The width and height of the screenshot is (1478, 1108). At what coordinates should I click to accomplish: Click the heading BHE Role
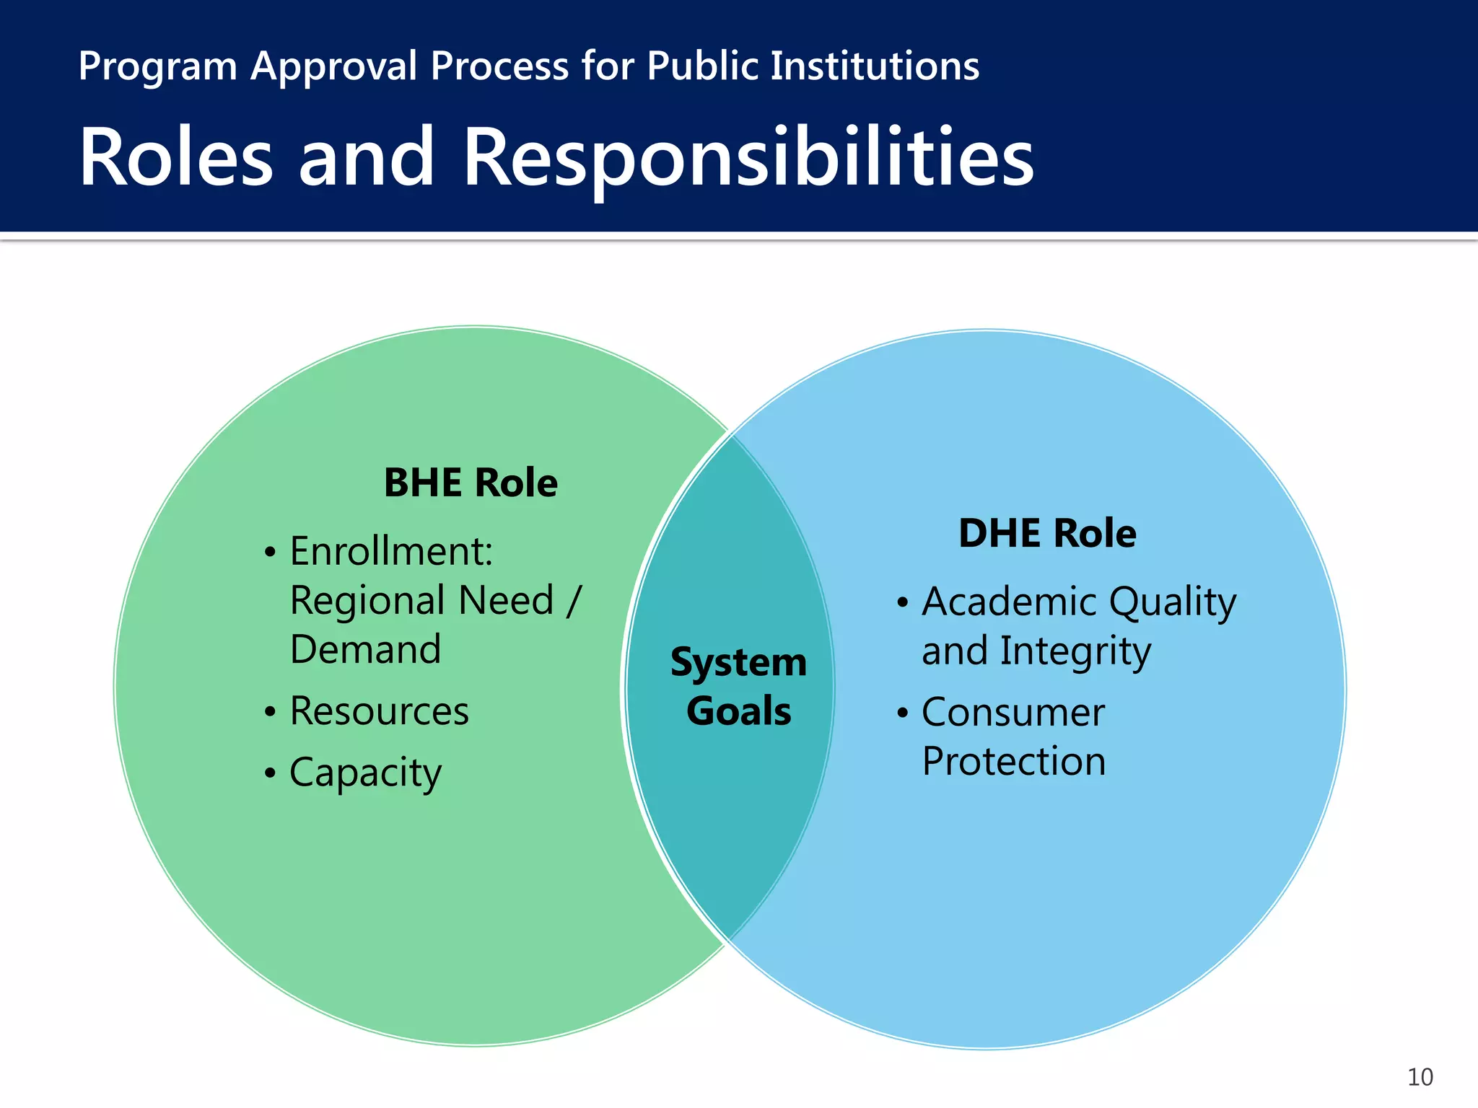click(471, 483)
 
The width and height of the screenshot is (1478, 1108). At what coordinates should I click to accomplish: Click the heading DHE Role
click(1047, 533)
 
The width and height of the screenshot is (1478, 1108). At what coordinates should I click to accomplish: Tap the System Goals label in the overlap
click(738, 686)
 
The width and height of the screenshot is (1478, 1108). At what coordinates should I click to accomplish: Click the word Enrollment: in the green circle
click(391, 551)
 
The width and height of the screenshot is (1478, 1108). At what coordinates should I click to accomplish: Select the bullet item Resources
click(379, 711)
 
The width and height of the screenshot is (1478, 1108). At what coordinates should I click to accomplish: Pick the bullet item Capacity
click(365, 773)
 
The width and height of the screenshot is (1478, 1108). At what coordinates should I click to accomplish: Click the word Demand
click(365, 649)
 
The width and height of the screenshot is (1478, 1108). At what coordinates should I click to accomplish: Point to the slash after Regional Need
click(574, 600)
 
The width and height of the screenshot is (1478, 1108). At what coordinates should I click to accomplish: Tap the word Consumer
click(1013, 713)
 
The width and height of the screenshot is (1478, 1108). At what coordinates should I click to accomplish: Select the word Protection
click(1014, 762)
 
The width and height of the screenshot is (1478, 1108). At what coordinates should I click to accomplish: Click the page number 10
click(1420, 1077)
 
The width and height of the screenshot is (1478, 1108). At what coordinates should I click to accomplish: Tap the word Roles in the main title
click(176, 157)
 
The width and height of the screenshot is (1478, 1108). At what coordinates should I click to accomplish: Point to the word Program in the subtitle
click(157, 66)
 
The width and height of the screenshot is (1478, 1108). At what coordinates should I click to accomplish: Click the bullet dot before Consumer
click(902, 713)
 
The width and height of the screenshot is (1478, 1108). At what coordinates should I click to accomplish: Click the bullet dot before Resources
click(270, 712)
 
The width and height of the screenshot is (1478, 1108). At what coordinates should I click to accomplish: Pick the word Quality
click(1173, 602)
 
